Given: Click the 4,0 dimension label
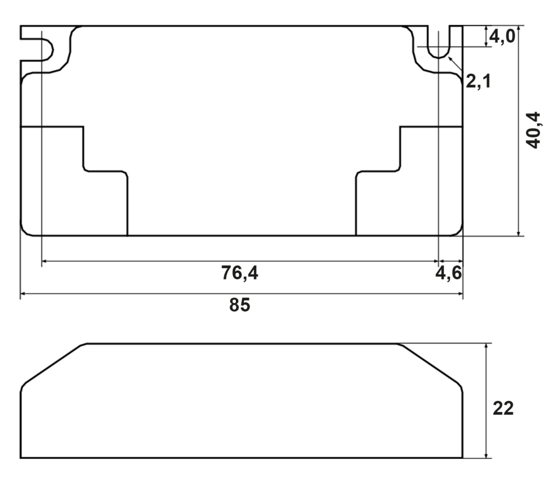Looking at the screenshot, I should pos(502,37).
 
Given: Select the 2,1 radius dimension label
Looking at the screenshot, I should pos(478,81).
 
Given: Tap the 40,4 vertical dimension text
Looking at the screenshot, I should pos(533,130).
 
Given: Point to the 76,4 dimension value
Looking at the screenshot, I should pos(239,273).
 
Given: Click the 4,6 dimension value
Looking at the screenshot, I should pos(448,273).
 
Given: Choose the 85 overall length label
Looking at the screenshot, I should pos(239,305).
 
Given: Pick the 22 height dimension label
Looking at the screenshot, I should pos(503,408).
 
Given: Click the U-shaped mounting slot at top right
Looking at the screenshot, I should pos(439,43).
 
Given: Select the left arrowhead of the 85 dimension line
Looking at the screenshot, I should pos(23,293).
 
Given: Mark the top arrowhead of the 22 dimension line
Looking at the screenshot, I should pos(486,346).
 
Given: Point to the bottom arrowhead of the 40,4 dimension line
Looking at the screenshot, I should pos(519,234).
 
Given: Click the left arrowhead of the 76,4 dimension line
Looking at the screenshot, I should pos(44,261).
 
